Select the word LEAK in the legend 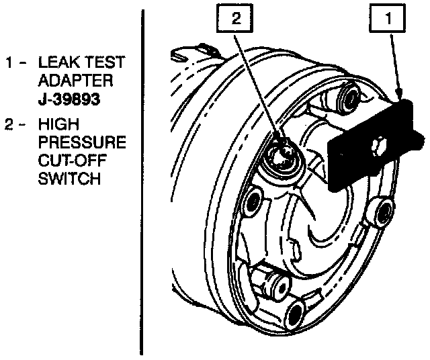click(x=56, y=62)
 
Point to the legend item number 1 click(x=9, y=63)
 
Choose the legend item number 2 click(x=9, y=125)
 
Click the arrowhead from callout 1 click(x=400, y=96)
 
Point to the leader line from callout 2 click(x=259, y=87)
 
